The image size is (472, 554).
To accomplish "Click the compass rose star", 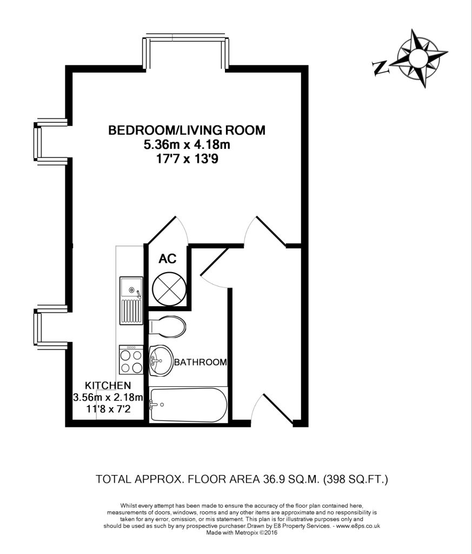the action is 418,58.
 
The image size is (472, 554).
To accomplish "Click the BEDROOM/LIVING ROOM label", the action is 187,130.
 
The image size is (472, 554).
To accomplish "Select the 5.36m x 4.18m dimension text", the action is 187,144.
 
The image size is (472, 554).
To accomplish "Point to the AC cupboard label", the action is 168,259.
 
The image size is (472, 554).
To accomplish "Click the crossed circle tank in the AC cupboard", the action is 169,289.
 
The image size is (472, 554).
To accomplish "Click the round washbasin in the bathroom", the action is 161,360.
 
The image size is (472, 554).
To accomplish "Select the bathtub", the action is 189,405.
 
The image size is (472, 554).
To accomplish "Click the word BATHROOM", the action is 200,362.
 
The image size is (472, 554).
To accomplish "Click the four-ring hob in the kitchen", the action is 131,360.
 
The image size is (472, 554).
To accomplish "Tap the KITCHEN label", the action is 108,385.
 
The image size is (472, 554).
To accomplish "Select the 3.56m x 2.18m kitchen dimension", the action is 108,398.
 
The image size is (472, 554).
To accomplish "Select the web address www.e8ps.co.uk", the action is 358,526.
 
